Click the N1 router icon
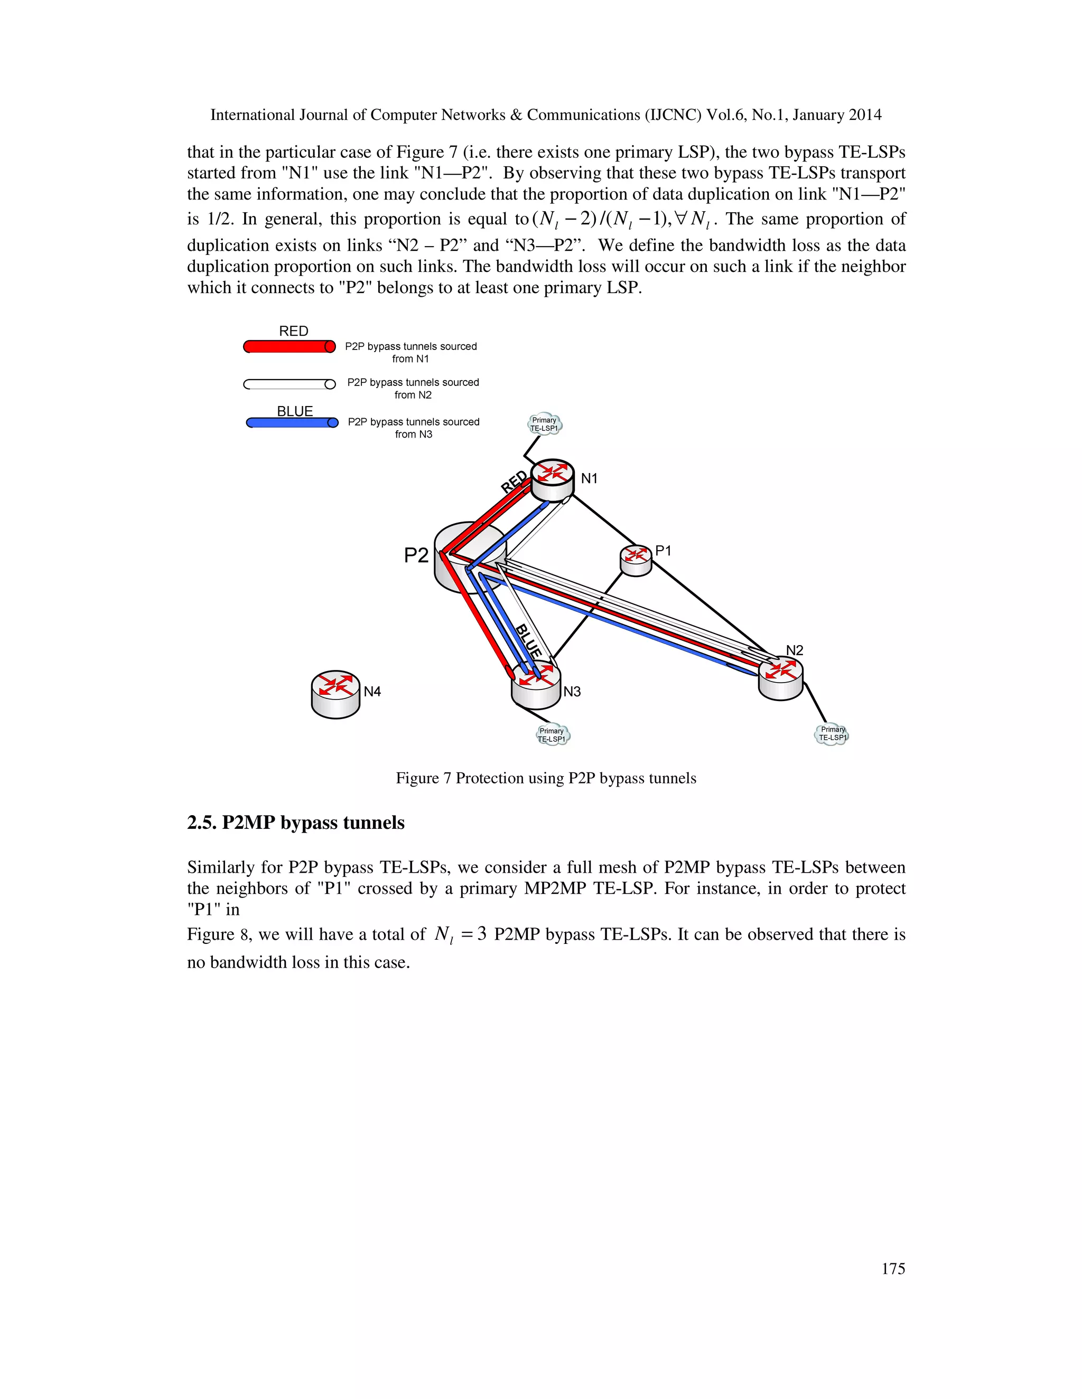click(x=553, y=480)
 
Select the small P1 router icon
click(x=636, y=560)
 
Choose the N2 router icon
click(x=780, y=679)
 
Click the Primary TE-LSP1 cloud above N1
click(x=544, y=424)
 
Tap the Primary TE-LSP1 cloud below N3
click(x=552, y=735)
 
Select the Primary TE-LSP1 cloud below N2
click(x=832, y=733)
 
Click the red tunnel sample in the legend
click(x=289, y=346)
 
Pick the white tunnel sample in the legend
click(x=289, y=384)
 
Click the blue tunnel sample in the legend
click(x=292, y=423)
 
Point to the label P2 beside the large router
click(x=416, y=555)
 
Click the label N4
click(x=372, y=692)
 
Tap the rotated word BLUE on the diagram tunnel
click(x=529, y=640)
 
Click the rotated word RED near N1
click(x=514, y=481)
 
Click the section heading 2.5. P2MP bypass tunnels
click(x=295, y=823)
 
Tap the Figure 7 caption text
click(x=545, y=778)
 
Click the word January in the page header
click(x=818, y=115)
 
